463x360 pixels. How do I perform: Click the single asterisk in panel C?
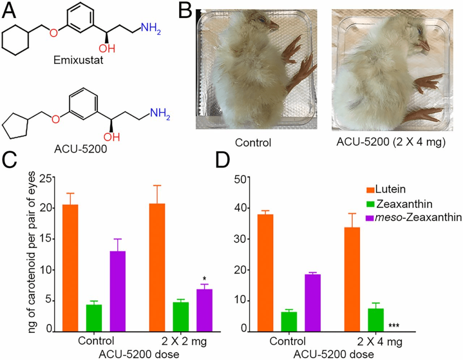tap(204, 279)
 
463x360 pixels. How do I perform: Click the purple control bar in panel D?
tap(325, 303)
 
